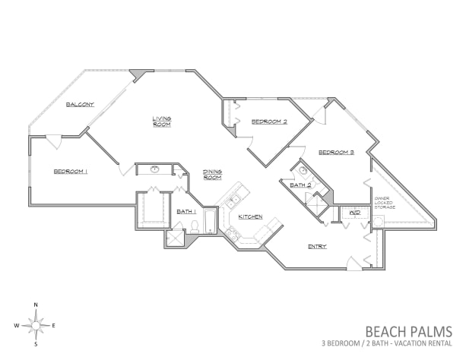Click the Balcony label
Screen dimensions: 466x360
click(x=79, y=104)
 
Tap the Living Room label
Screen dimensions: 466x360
click(x=161, y=121)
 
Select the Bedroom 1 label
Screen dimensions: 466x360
click(x=71, y=172)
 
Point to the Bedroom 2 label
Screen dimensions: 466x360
click(x=269, y=122)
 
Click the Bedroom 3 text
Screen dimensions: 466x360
click(x=336, y=153)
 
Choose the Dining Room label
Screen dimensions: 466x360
click(x=212, y=174)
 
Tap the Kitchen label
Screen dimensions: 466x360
click(x=250, y=217)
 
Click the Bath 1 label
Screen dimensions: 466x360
click(x=186, y=211)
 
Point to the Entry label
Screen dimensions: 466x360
click(x=317, y=247)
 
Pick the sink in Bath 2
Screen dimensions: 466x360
click(x=303, y=171)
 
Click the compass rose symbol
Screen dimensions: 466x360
click(x=36, y=326)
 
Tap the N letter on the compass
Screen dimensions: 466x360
click(x=36, y=305)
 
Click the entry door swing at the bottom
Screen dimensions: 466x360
click(x=354, y=264)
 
